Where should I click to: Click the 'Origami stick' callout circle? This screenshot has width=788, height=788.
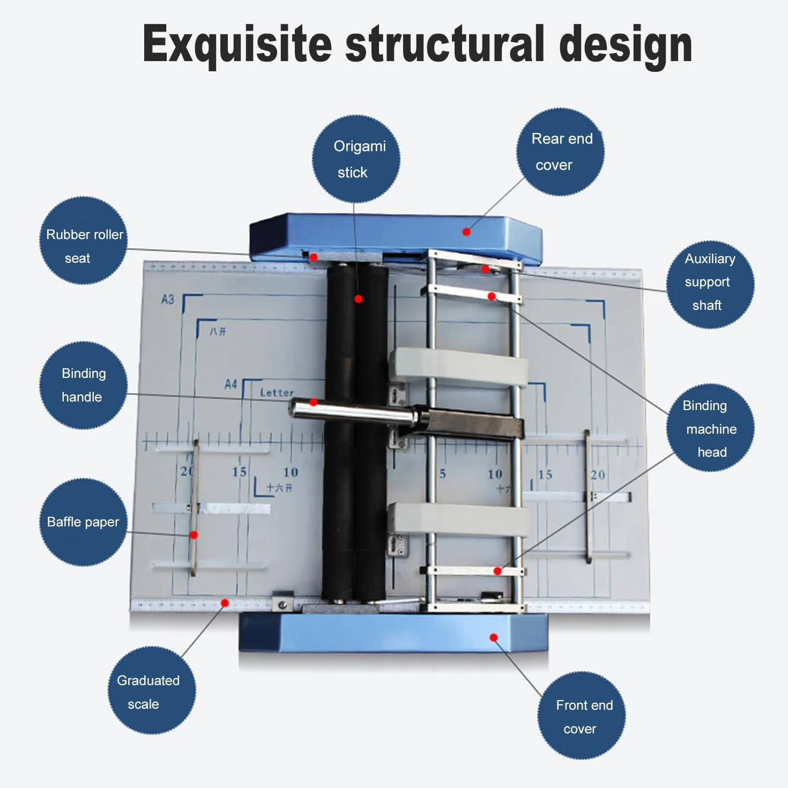point(356,159)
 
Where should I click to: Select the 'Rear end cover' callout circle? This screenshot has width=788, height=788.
point(560,152)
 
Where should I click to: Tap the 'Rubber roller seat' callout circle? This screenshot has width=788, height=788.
point(84,241)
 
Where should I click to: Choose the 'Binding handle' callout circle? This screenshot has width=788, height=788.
point(84,385)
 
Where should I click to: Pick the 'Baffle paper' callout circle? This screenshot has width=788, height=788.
point(84,522)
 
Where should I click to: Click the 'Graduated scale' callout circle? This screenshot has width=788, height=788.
point(152,690)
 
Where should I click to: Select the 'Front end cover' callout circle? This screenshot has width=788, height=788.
point(582,715)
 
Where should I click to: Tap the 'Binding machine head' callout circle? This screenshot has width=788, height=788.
point(710,428)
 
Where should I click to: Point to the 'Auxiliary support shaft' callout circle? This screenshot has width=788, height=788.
point(710,285)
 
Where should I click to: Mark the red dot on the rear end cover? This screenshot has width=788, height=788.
point(466,232)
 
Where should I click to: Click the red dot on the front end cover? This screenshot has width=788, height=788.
point(494,637)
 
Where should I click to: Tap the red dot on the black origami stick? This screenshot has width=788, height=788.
point(359,299)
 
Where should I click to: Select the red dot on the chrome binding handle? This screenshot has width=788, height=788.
point(314,403)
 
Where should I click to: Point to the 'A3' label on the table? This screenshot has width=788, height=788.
point(168,300)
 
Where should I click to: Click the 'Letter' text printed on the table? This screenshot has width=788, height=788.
point(277,393)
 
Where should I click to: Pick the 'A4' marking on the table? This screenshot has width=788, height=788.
point(231,384)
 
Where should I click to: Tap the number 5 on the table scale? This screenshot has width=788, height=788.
point(442,474)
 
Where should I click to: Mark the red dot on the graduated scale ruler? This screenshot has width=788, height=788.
point(225,603)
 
